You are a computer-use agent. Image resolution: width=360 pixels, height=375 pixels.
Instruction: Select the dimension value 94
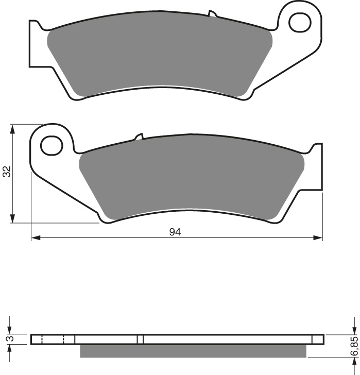click(175, 232)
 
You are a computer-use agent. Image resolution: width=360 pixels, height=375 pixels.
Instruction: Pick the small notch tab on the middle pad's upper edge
click(138, 137)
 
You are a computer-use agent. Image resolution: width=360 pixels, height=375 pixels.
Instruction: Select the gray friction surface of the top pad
click(160, 57)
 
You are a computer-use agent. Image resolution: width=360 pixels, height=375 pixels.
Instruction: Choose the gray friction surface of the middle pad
click(191, 178)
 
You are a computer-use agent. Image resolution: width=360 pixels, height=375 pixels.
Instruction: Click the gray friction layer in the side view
click(193, 351)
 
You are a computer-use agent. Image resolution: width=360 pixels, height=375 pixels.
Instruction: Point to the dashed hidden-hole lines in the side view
click(52, 339)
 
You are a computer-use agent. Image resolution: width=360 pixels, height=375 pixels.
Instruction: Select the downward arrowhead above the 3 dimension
click(9, 329)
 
